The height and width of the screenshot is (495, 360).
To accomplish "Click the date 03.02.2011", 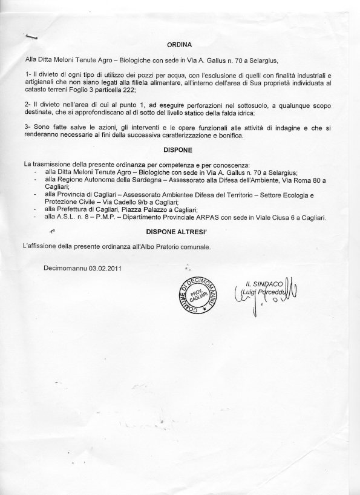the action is pos(102,268).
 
